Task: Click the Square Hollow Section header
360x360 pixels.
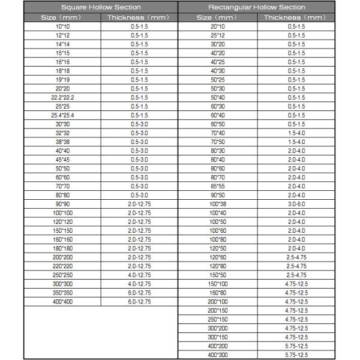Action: (101, 7)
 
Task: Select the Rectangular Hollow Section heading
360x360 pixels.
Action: (256, 7)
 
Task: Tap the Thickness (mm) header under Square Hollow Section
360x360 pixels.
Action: (139, 17)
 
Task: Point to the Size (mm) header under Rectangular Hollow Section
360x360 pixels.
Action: (217, 17)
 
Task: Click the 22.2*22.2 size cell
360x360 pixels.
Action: (62, 97)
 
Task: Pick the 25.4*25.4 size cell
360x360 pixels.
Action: (62, 115)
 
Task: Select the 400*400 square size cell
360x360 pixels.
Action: (62, 302)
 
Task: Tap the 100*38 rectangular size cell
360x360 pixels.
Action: (217, 204)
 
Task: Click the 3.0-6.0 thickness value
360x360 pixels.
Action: (296, 204)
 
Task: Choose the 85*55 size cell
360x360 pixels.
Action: (217, 186)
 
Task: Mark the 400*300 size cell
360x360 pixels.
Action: (217, 355)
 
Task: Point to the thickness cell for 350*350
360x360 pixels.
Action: (139, 293)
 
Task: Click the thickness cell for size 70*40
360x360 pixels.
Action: (296, 133)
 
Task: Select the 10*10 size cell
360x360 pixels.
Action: (62, 26)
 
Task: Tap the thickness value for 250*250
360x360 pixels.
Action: (139, 275)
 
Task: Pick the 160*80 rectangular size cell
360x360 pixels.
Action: (217, 293)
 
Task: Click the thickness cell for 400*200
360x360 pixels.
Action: (296, 346)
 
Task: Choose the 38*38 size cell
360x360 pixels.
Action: (62, 142)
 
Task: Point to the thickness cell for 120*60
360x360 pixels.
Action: (296, 257)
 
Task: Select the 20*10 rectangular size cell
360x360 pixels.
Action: (217, 26)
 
